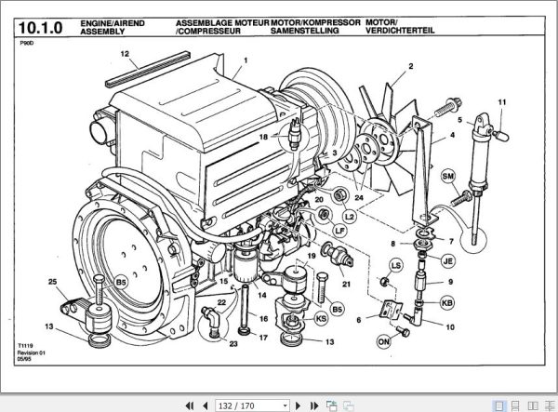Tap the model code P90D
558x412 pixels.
pos(28,44)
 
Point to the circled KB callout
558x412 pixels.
pos(447,303)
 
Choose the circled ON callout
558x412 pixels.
pos(382,341)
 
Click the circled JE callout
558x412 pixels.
pos(447,260)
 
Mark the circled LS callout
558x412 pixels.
pos(396,266)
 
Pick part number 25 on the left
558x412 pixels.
pos(53,282)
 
